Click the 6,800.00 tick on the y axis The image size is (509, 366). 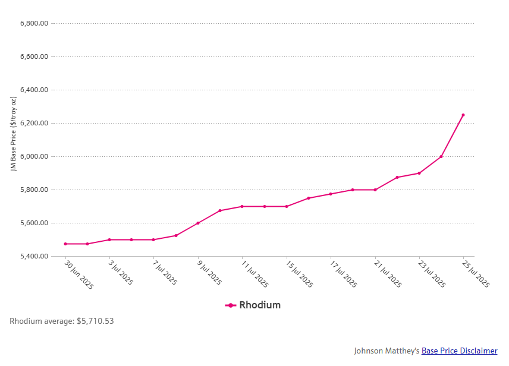pos(34,24)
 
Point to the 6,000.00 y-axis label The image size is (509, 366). pos(34,157)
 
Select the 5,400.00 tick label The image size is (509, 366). pos(34,257)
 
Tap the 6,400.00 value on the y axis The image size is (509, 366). pos(34,90)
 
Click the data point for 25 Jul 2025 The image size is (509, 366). pos(463,115)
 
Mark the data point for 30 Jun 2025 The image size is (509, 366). pos(65,244)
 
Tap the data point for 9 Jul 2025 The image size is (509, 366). pos(198,223)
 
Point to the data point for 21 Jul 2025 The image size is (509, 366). pos(375,190)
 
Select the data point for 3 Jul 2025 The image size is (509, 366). pos(109,240)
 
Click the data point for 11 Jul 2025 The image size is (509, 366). pos(242,207)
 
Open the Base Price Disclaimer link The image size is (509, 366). pos(459,351)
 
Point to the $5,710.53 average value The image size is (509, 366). pos(95,321)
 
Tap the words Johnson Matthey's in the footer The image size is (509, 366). pos(387,351)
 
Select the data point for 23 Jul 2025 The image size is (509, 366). pos(419,173)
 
